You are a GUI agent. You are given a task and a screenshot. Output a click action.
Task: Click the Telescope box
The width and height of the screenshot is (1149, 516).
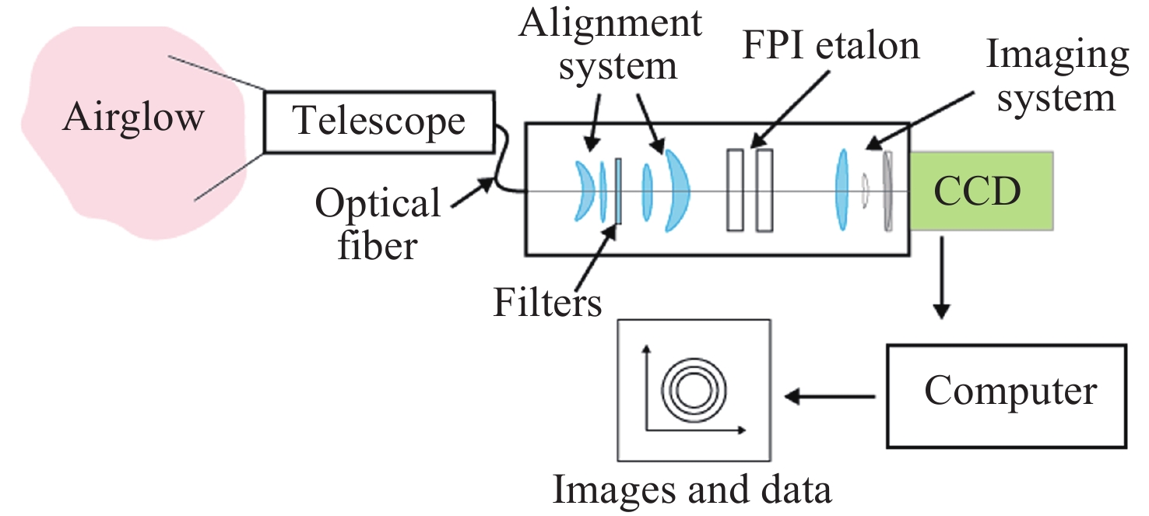click(x=378, y=122)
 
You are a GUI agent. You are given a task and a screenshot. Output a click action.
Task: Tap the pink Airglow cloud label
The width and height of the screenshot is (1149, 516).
click(x=133, y=118)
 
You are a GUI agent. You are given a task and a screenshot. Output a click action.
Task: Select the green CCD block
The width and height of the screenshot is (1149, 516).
click(x=979, y=191)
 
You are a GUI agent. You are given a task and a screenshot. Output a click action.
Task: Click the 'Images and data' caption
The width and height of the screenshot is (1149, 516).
click(x=692, y=490)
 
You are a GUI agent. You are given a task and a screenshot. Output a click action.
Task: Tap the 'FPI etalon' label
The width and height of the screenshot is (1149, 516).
click(x=831, y=47)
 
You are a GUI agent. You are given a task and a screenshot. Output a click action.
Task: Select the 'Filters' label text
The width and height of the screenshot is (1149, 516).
click(x=547, y=302)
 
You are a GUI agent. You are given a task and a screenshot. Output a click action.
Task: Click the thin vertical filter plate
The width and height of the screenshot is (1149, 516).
click(x=618, y=191)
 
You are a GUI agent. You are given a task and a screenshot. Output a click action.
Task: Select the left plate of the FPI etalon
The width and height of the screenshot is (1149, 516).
click(x=734, y=191)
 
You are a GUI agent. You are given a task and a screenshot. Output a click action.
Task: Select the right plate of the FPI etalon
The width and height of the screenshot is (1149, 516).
click(x=764, y=191)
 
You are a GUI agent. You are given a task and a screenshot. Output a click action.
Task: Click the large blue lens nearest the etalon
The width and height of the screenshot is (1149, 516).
click(x=676, y=191)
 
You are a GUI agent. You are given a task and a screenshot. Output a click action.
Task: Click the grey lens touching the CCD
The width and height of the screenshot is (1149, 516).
click(x=888, y=191)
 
